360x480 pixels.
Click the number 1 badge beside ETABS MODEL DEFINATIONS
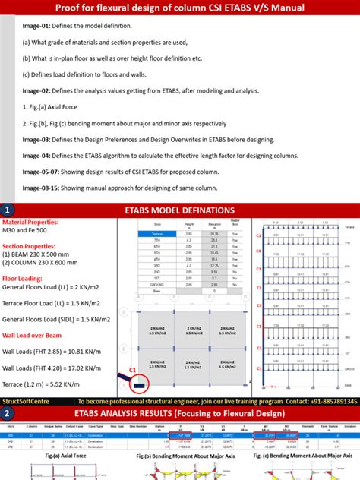coord(8,210)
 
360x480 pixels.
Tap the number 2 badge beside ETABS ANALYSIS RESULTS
coord(8,413)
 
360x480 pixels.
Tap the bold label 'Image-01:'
coord(38,25)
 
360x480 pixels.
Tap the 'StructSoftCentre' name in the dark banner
coord(28,400)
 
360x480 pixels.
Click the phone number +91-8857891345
coord(330,400)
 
